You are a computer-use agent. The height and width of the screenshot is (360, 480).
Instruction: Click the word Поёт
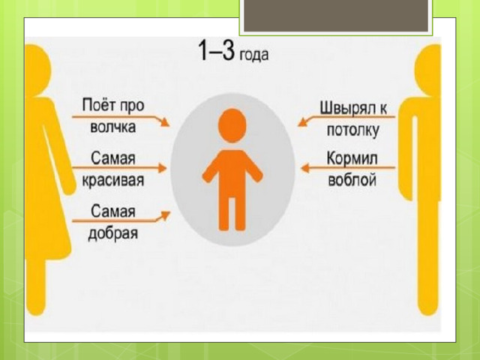point(99,105)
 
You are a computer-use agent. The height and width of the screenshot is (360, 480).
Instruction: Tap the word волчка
point(113,127)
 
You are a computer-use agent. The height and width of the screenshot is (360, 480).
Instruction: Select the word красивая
point(113,180)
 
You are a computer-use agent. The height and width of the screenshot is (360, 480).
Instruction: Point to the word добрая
point(113,233)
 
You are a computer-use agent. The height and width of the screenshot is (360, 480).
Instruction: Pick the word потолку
point(353,130)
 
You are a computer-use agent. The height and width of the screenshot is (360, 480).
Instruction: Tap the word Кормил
point(352,158)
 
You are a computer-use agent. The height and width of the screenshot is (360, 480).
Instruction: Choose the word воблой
point(352,179)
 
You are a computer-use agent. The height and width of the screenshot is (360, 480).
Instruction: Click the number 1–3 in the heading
point(217,50)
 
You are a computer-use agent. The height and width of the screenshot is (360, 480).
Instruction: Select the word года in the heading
point(253,55)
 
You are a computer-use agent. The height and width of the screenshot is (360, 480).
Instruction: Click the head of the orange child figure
point(232,125)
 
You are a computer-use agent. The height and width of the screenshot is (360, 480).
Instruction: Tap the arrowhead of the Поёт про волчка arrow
point(165,122)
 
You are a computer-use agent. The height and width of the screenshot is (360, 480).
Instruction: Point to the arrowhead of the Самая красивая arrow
point(162,168)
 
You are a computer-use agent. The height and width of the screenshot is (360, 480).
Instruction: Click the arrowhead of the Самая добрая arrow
point(166,215)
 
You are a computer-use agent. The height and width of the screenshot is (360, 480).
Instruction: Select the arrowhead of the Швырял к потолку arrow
point(303,122)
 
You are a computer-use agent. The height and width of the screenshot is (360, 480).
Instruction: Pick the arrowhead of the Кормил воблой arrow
point(305,168)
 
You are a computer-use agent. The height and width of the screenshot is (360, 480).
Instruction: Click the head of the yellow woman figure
point(37,70)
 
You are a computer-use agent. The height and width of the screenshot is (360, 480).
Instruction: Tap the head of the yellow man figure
point(428,70)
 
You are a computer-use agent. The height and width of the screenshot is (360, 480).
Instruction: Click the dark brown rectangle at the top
point(336,15)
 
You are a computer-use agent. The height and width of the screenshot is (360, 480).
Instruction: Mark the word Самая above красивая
point(113,158)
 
